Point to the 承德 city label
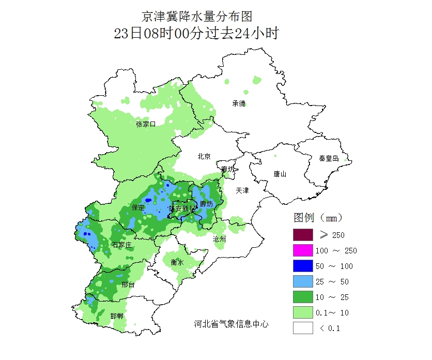(239, 103)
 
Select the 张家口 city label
(146, 124)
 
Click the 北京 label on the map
(204, 157)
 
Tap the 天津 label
(242, 190)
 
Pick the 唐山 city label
(280, 174)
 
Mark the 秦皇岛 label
(329, 158)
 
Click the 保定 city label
(138, 207)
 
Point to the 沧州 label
(219, 239)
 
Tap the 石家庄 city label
(122, 245)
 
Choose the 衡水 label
(177, 262)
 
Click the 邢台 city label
(128, 285)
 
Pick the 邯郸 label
(117, 316)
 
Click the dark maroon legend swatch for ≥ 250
(303, 235)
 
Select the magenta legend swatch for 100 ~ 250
(303, 250)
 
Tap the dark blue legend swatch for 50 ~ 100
(303, 266)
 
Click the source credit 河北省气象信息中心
(231, 324)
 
